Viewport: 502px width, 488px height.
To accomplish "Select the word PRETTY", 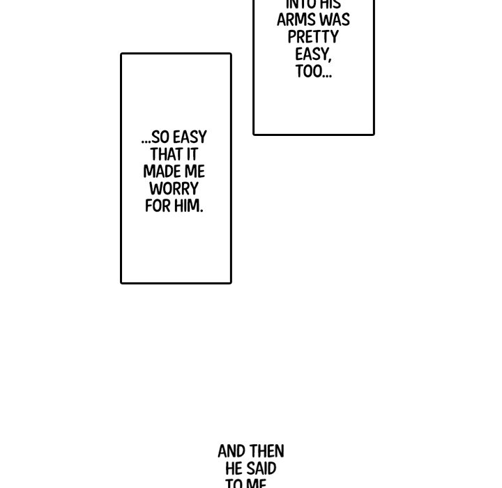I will coord(313,37).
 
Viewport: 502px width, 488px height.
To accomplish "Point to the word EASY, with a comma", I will coord(313,54).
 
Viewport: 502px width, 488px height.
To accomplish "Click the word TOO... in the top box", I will coord(313,72).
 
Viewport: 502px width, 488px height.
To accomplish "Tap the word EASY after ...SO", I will coord(190,137).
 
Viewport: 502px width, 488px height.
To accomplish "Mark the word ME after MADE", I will coord(196,171).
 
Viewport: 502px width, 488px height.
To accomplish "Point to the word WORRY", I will coord(174,189).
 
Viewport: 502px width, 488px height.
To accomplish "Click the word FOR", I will coord(158,206).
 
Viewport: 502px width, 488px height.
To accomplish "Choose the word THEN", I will coord(267,452).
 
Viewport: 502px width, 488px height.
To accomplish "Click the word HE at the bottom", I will coord(234,468).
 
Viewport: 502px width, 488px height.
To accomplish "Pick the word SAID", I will coord(262,468).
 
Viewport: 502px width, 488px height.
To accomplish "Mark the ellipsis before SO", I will coord(146,142).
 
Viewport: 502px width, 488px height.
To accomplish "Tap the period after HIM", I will coord(201,211).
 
